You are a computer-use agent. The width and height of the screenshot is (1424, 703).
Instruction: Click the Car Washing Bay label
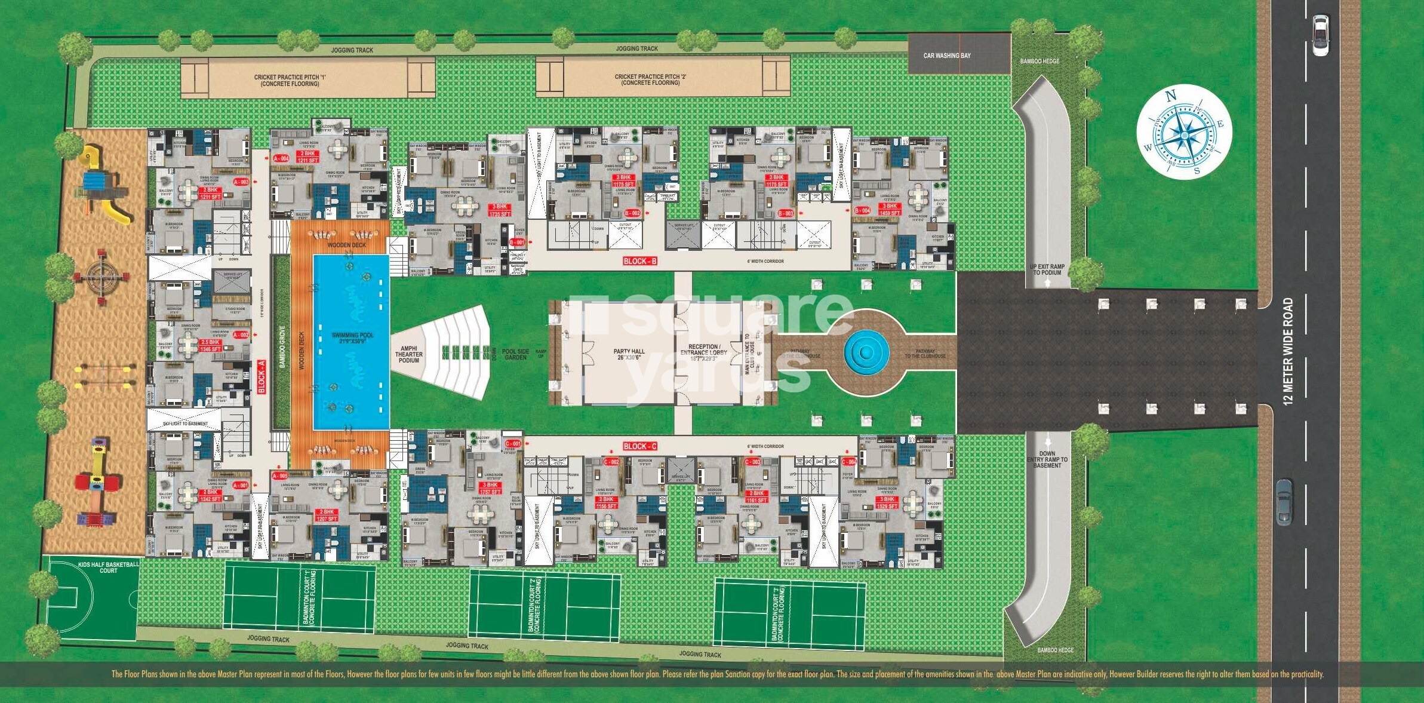[947, 56]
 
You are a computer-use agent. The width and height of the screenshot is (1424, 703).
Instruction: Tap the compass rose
[1184, 132]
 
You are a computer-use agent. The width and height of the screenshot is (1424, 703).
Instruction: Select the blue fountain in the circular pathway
[866, 352]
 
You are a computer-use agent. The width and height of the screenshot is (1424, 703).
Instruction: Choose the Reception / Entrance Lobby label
[704, 352]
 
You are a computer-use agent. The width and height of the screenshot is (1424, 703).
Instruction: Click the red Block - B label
[640, 261]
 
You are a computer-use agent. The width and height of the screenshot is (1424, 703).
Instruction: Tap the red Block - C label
[639, 446]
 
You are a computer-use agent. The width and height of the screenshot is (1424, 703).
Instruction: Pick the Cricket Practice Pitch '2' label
[650, 79]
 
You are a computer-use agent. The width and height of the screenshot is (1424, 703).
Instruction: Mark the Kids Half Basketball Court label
[109, 567]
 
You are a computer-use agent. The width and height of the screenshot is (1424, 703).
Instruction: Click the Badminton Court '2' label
[534, 605]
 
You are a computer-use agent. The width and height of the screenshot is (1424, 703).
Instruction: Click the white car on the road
[1320, 35]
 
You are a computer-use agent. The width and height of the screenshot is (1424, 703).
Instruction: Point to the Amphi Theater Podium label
[409, 354]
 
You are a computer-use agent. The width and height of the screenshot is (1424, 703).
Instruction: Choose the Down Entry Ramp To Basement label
[1047, 459]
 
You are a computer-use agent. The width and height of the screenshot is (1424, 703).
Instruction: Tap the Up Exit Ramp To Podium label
[1047, 269]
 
